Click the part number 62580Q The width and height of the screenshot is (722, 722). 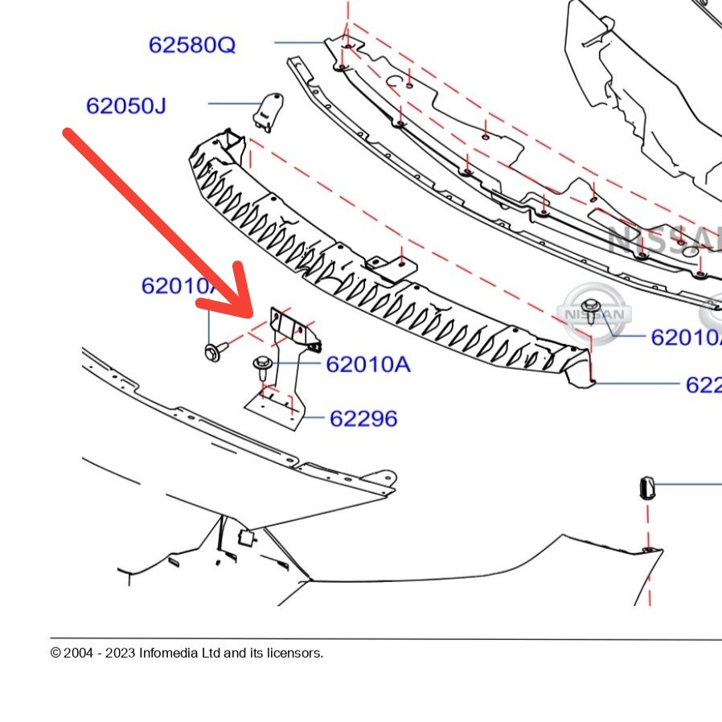(x=192, y=44)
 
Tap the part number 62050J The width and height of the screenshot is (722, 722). (x=125, y=105)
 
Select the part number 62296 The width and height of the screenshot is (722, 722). (x=363, y=418)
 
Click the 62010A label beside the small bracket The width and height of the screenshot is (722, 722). (x=367, y=365)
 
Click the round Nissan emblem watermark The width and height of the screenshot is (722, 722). (x=595, y=314)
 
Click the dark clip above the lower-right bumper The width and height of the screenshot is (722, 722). (x=646, y=486)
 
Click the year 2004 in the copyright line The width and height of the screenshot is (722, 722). (x=79, y=653)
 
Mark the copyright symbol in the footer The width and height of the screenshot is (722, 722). (x=55, y=653)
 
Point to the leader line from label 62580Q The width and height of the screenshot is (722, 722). (x=299, y=43)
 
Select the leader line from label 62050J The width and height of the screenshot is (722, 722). (x=232, y=104)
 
